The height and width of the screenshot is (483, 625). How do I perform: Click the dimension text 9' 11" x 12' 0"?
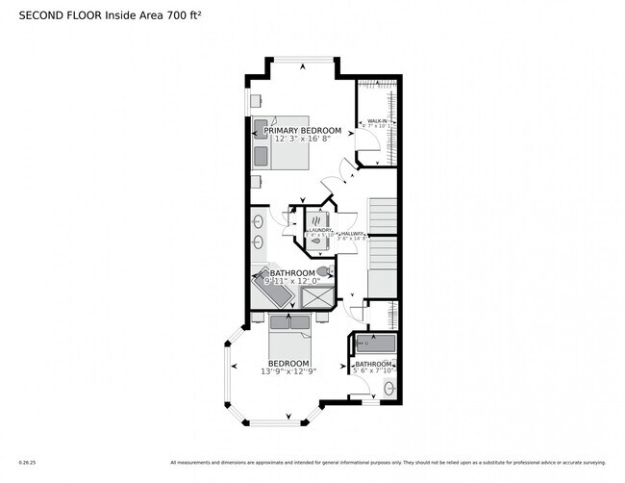[292, 281]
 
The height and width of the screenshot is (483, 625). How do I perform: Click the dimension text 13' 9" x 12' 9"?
[288, 371]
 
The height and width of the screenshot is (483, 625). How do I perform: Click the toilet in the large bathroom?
[322, 271]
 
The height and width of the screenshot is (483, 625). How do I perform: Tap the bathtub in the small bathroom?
[373, 343]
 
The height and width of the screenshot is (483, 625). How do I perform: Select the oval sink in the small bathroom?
[388, 388]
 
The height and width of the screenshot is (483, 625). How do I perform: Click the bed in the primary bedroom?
[263, 142]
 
